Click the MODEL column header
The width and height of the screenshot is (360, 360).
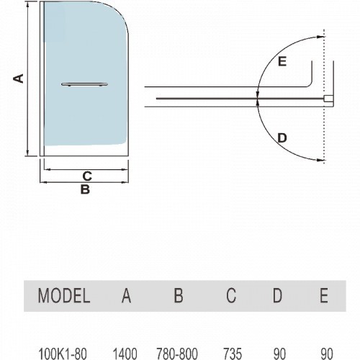[x=64, y=295]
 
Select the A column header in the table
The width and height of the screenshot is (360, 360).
[x=126, y=295]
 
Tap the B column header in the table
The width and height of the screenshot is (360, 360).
[x=179, y=295]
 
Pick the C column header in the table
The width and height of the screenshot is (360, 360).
[x=231, y=295]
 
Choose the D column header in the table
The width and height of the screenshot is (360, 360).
[x=277, y=295]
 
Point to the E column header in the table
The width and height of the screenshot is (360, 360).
[x=324, y=295]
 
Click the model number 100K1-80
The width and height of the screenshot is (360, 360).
[x=63, y=354]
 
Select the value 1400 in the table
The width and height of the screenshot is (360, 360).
[x=125, y=354]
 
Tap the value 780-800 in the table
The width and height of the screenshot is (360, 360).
[x=177, y=354]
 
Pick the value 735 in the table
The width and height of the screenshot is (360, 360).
[x=233, y=354]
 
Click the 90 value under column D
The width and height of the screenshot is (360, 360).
[x=279, y=354]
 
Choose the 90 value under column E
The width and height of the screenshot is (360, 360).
[x=327, y=354]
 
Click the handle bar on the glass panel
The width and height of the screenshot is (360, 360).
[x=84, y=84]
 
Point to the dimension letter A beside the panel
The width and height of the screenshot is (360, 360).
[x=19, y=78]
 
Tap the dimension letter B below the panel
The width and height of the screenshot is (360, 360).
[x=85, y=189]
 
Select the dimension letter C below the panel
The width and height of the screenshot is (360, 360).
[x=87, y=176]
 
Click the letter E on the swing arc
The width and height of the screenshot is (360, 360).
[x=282, y=61]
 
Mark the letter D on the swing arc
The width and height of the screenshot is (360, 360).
[x=282, y=138]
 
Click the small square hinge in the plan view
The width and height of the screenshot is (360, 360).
[x=328, y=99]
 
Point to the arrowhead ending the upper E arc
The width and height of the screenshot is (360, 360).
[x=321, y=37]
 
